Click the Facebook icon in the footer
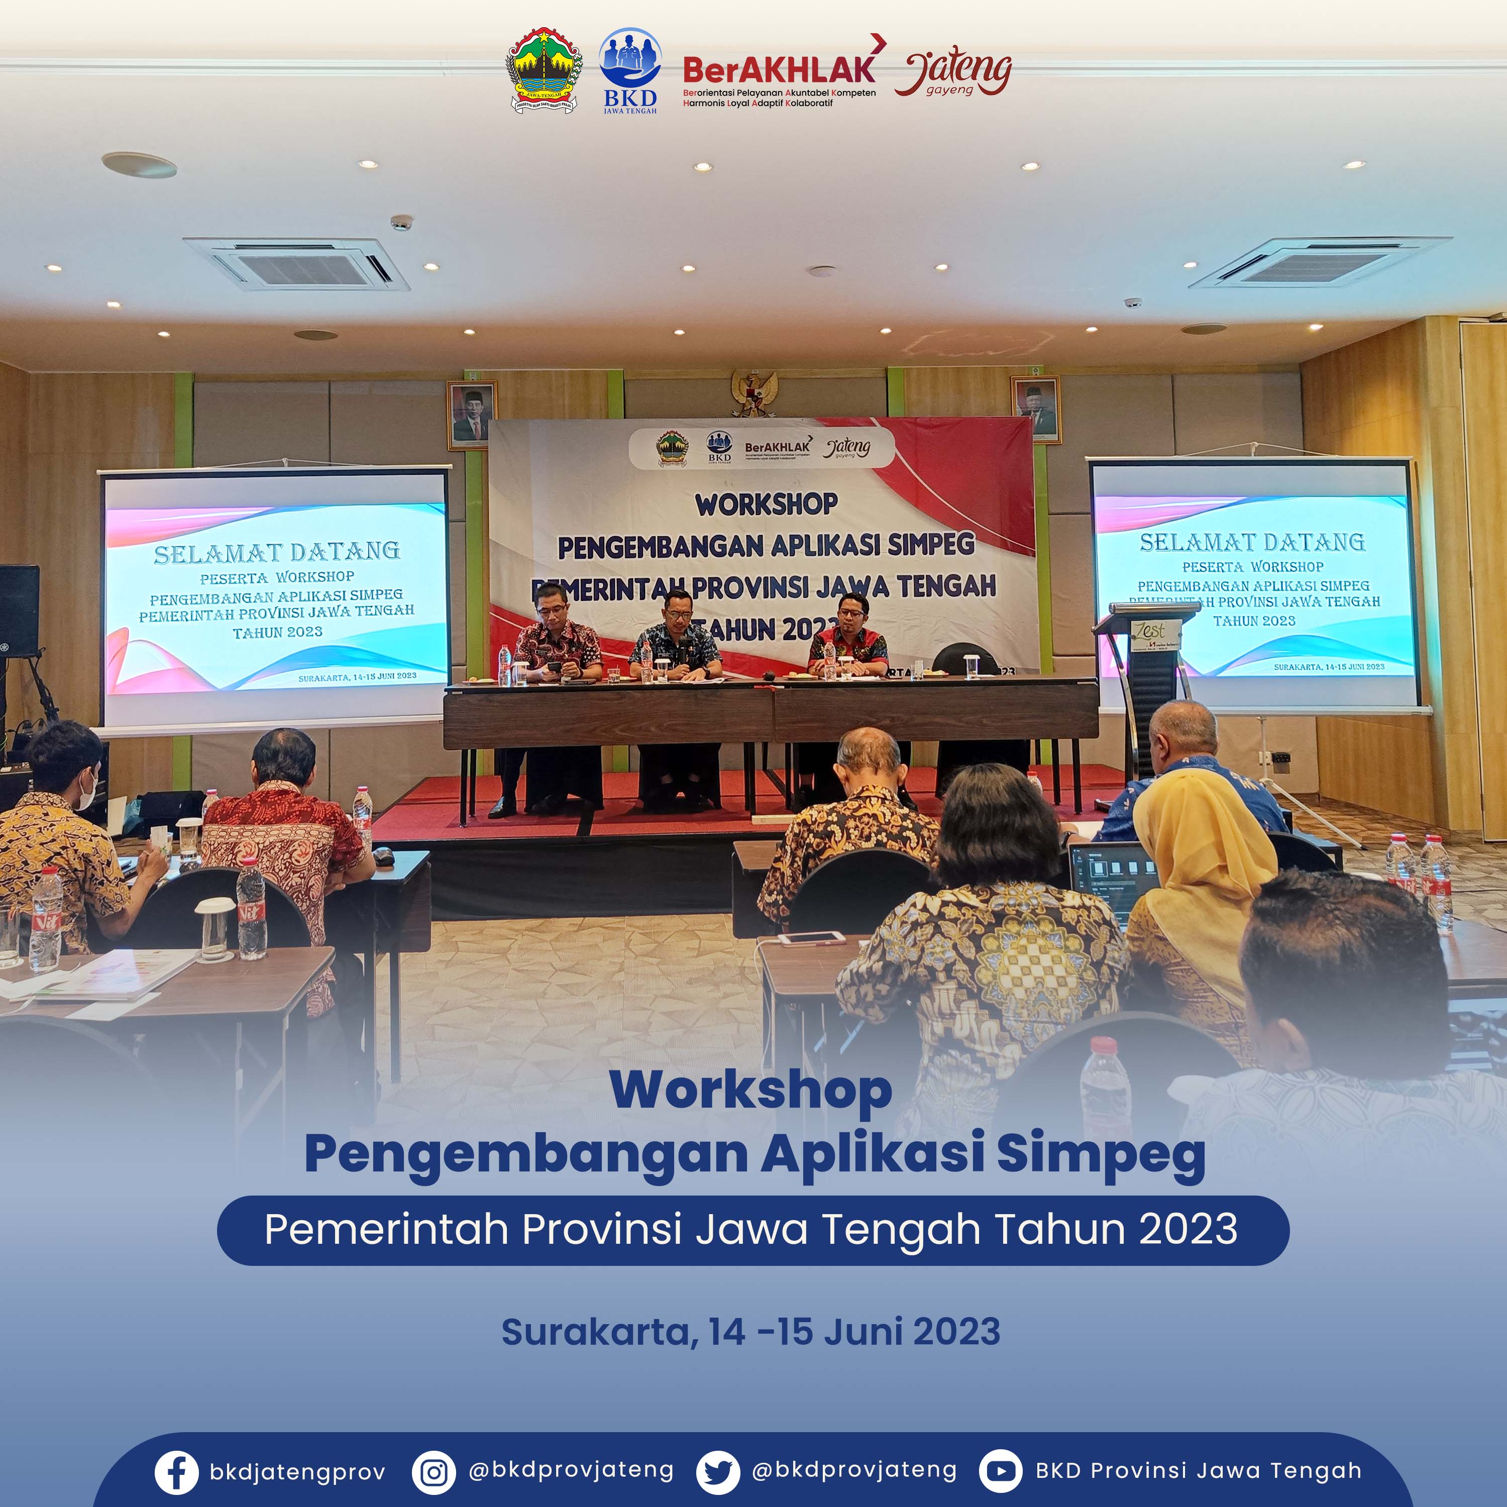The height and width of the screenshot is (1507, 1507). coord(176,1472)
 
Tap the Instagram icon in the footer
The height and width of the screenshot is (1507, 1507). coord(434,1472)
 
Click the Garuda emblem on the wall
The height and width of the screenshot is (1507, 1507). coord(755,392)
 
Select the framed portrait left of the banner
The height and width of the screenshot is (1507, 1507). coord(472,415)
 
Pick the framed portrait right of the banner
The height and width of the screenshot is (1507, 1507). coord(1036,409)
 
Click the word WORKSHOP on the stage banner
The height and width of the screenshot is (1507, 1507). coord(767,504)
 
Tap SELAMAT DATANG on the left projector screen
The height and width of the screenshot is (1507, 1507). coord(277,552)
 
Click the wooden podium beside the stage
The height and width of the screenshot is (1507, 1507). coord(1147,671)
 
